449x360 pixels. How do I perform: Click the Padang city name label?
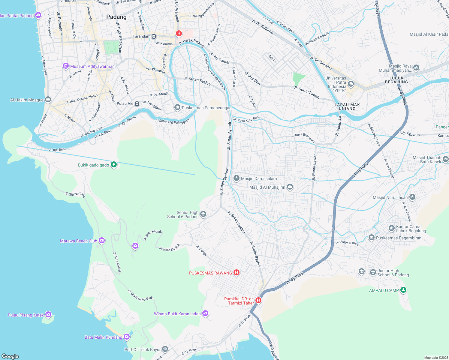(x=116, y=17)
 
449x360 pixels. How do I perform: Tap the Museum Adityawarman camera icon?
(x=66, y=66)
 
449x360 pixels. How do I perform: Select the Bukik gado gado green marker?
(x=114, y=165)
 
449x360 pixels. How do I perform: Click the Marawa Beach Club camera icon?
(x=102, y=241)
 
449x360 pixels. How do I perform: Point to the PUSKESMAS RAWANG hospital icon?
(x=237, y=272)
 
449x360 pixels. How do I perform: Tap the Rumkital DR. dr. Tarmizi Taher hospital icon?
(x=258, y=300)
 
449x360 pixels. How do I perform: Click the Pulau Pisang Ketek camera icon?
(x=48, y=315)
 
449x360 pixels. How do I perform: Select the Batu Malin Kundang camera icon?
(x=127, y=337)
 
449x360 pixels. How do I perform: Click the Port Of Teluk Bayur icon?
(x=165, y=349)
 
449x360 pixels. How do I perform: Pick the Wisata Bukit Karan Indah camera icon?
(x=205, y=313)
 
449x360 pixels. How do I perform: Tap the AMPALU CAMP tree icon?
(x=403, y=290)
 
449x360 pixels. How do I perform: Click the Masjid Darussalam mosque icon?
(x=237, y=178)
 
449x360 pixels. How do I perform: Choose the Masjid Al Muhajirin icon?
(x=290, y=187)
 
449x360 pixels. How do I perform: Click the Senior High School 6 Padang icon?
(x=203, y=214)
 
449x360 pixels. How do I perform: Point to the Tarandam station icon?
(x=154, y=36)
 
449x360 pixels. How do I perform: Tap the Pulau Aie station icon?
(x=137, y=103)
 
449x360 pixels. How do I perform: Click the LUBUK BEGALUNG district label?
(x=396, y=80)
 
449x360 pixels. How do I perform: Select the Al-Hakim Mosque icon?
(x=48, y=100)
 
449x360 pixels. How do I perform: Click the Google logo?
(x=10, y=356)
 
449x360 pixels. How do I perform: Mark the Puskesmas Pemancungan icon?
(x=177, y=107)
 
